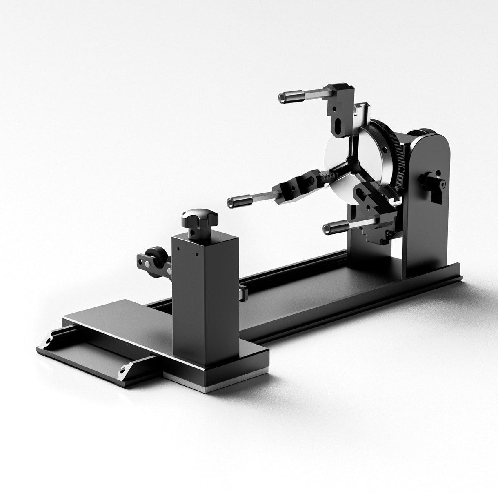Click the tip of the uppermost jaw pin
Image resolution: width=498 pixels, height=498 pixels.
point(282,97)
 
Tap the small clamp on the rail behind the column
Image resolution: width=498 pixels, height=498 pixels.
point(242,291)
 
